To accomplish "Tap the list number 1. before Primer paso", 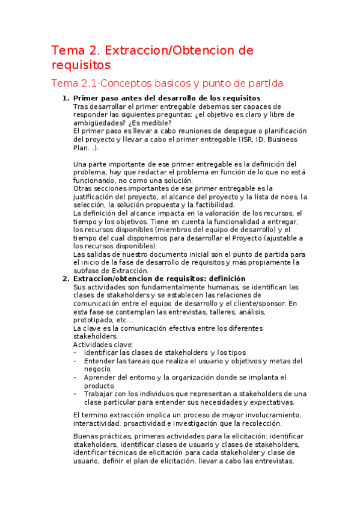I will click(x=66, y=98).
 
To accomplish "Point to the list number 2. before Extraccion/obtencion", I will click(x=66, y=278).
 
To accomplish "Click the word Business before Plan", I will click(x=281, y=140).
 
